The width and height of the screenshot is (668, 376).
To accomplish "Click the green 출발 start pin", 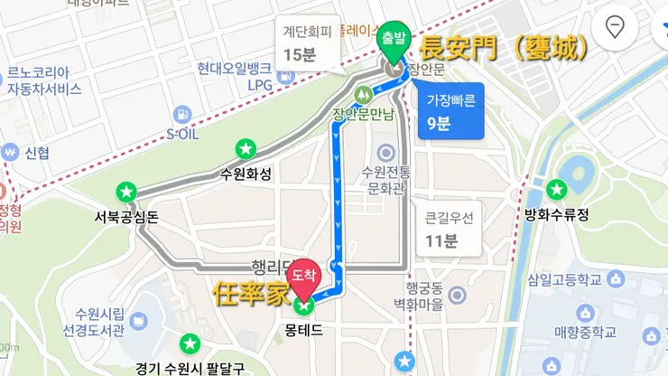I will [x=393, y=39].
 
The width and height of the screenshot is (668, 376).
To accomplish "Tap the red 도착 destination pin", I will [x=304, y=273].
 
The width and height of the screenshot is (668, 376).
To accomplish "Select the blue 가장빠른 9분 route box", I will [x=450, y=109].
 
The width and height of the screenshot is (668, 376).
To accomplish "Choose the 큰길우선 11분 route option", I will [x=442, y=230].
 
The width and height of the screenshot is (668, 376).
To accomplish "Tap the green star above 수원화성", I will [x=245, y=148].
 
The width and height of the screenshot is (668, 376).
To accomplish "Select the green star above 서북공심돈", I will [x=126, y=192].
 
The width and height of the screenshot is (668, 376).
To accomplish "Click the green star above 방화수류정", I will [x=557, y=190].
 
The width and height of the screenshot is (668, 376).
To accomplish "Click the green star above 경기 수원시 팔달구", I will [x=190, y=344].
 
